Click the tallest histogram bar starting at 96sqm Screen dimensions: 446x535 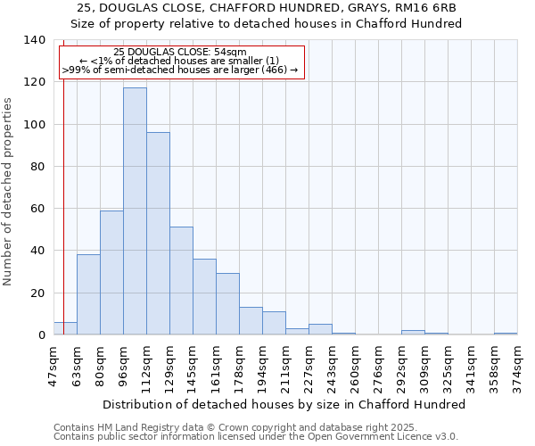coord(135,211)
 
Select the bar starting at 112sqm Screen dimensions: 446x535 coord(158,234)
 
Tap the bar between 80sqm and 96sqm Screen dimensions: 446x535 coord(111,272)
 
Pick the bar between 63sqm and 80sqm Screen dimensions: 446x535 coord(88,294)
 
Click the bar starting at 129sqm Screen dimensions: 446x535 coord(181,281)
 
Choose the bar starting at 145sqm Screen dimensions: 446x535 coord(204,297)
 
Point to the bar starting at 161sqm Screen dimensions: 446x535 coord(227,304)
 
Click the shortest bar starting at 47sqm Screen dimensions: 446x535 coord(65,328)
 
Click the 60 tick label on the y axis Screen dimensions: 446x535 coord(37,209)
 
